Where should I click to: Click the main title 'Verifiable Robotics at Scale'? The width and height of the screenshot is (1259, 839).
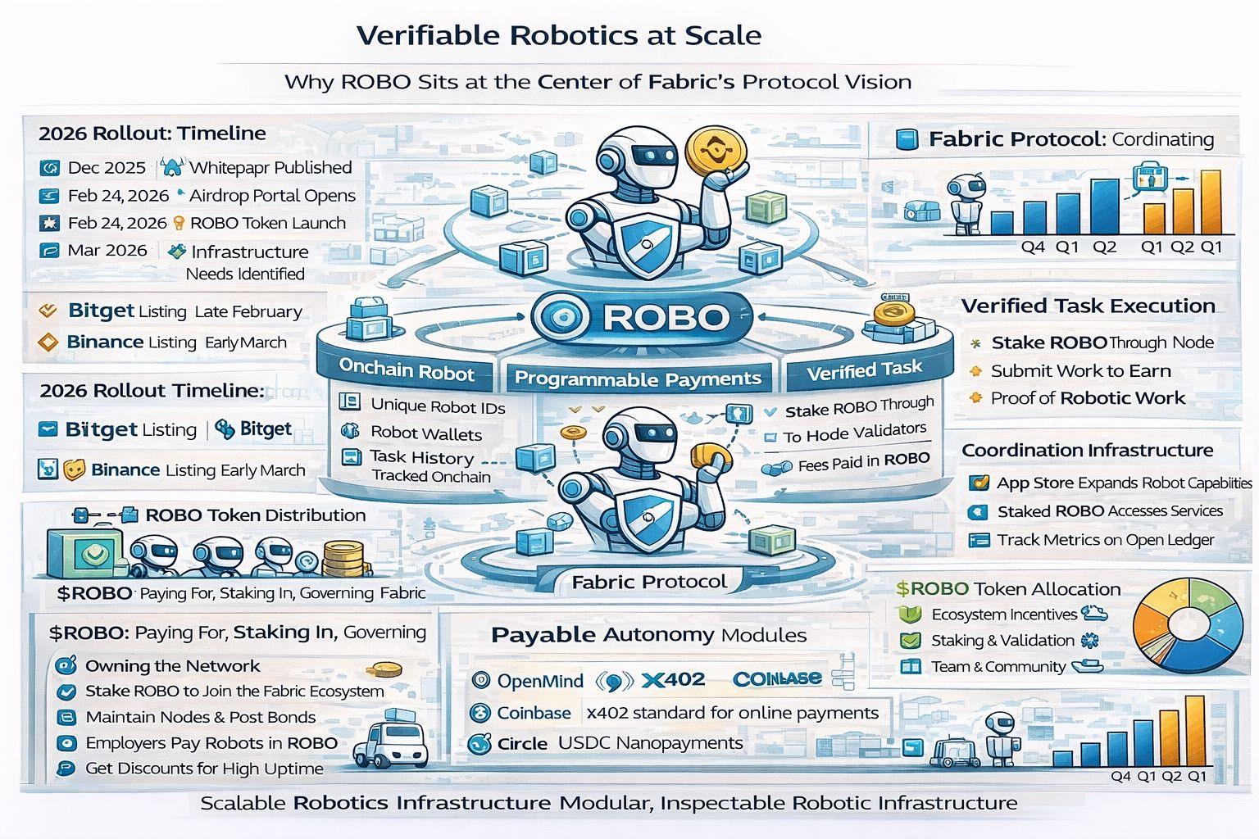click(x=559, y=35)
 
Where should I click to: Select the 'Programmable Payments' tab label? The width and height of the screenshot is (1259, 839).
click(x=638, y=379)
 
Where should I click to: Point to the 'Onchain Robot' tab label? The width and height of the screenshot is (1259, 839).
click(x=407, y=370)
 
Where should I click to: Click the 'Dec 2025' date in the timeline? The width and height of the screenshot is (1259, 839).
click(x=107, y=168)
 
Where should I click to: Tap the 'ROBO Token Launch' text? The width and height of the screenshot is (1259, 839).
click(x=267, y=223)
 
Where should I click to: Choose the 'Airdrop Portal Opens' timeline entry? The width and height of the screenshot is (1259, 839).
click(x=272, y=196)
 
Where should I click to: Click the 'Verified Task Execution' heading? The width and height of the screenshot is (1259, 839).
click(x=1088, y=306)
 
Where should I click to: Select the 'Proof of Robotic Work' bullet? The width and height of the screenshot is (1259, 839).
click(x=1088, y=398)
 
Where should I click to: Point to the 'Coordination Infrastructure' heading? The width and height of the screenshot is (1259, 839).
click(x=1087, y=450)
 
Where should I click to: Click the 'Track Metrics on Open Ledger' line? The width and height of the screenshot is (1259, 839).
click(x=1105, y=540)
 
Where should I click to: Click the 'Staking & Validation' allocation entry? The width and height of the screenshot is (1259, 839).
click(x=1002, y=641)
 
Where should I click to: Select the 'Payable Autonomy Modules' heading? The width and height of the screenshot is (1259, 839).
click(x=648, y=635)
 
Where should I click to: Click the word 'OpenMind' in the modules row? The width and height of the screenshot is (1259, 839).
click(x=540, y=681)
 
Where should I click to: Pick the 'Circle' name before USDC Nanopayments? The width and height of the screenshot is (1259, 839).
click(x=522, y=743)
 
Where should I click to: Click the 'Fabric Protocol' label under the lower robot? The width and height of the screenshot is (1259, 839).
click(x=648, y=582)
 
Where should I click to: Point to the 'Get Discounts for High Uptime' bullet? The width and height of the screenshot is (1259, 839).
click(x=204, y=769)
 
